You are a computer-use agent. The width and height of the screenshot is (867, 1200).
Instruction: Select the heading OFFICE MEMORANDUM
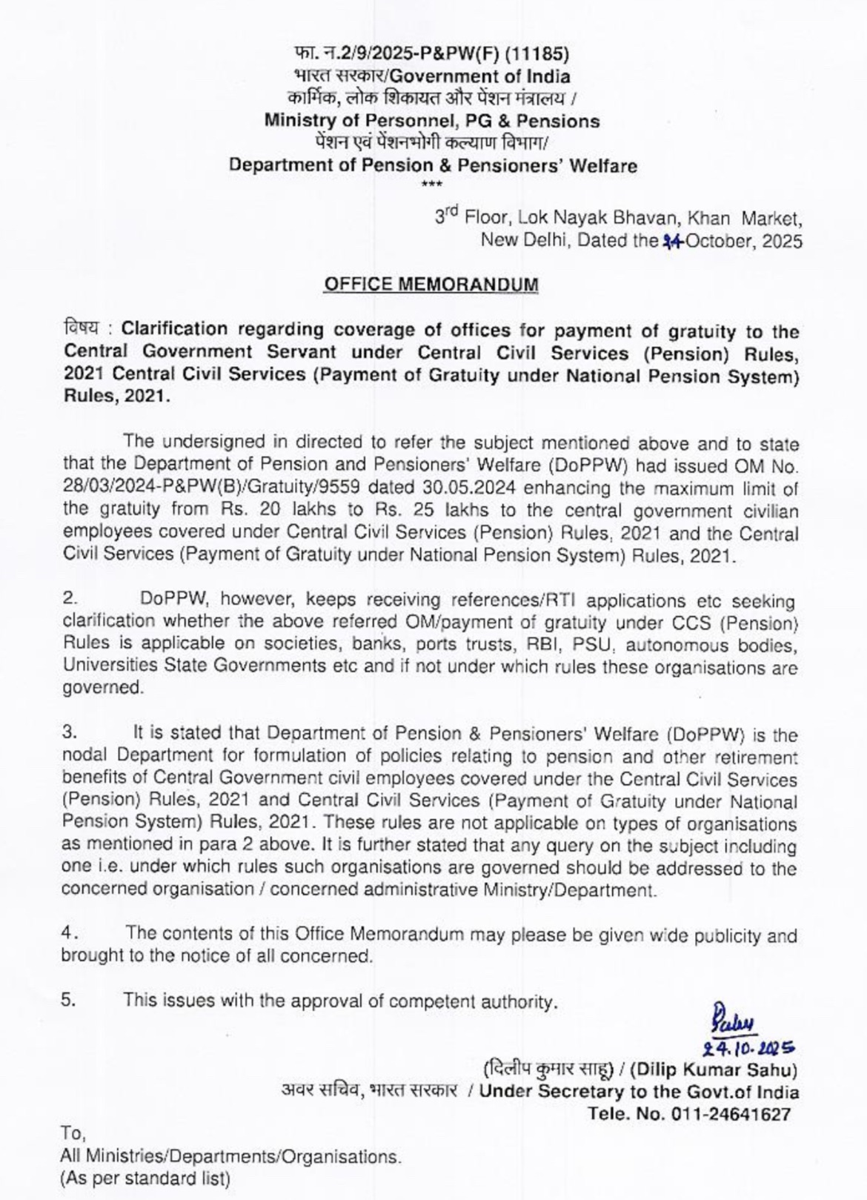point(431,284)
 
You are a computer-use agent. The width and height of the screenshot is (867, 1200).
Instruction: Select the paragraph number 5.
point(68,1000)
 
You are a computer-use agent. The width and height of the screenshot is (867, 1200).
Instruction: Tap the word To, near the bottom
point(73,1133)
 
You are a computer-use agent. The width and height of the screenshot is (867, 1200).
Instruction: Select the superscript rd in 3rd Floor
point(453,211)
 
